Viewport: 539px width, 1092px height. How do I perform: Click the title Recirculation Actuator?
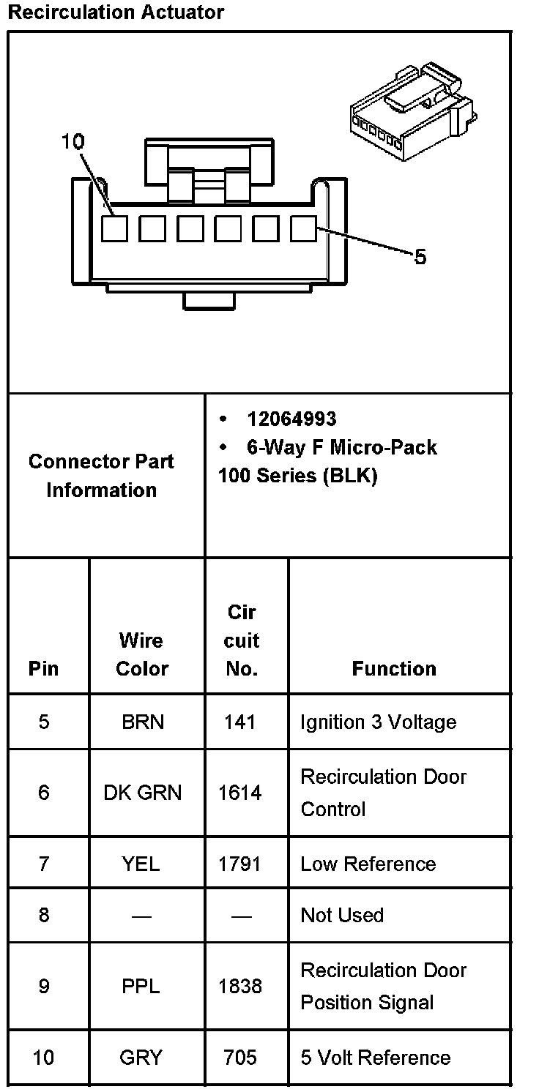click(x=116, y=12)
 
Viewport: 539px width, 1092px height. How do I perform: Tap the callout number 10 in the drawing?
click(x=73, y=142)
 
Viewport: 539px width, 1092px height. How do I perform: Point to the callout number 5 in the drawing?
click(x=420, y=257)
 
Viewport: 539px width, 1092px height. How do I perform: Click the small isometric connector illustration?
click(x=412, y=111)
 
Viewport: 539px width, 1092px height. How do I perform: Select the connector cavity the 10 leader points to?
click(x=114, y=229)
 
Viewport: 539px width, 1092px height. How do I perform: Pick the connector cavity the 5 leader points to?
click(x=302, y=229)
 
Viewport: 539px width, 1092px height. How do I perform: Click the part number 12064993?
click(x=291, y=419)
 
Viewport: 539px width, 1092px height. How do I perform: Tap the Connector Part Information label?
click(x=101, y=476)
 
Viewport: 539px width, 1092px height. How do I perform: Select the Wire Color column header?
click(x=141, y=654)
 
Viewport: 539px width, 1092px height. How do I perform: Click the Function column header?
click(x=394, y=668)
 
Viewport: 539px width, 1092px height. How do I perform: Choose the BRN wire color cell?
click(x=143, y=722)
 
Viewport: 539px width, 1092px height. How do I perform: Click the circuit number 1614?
click(x=239, y=793)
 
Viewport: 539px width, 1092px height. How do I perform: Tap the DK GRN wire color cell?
click(x=142, y=793)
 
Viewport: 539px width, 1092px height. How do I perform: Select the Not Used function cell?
click(x=342, y=915)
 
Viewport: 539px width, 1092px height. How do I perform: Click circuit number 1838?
click(x=239, y=986)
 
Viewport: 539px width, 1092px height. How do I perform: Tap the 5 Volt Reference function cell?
click(x=375, y=1058)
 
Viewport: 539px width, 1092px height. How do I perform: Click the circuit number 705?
click(x=240, y=1058)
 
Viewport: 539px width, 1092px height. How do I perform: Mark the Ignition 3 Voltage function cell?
click(x=378, y=722)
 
